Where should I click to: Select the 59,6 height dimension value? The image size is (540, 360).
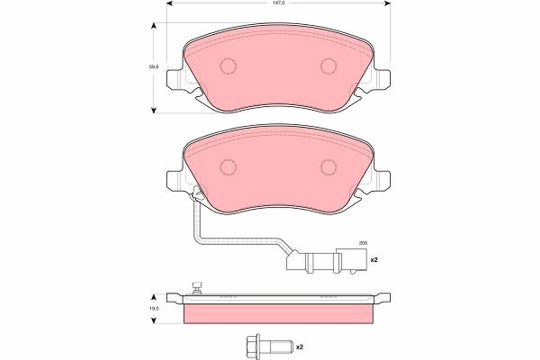click(154, 67)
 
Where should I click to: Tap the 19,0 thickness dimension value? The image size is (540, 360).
click(154, 309)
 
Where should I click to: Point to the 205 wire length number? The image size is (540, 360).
click(363, 243)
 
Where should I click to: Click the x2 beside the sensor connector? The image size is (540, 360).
click(373, 260)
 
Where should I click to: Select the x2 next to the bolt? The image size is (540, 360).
click(300, 346)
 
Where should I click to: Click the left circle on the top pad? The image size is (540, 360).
click(228, 66)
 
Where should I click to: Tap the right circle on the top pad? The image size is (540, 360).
click(328, 66)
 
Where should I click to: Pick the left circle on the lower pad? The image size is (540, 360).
click(228, 167)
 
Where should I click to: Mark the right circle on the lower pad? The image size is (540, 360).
click(328, 167)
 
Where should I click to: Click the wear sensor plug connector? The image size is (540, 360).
click(326, 261)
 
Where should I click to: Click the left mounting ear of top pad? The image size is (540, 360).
click(175, 79)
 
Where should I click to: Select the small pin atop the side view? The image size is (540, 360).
click(197, 287)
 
